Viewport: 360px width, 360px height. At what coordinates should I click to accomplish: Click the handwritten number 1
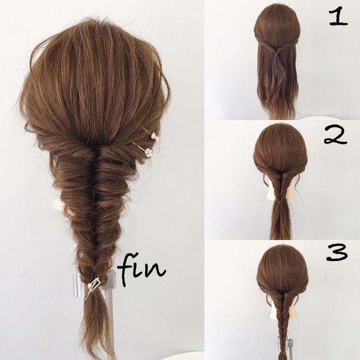coord(338,18)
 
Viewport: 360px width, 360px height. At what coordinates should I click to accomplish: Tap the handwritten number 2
coord(336,135)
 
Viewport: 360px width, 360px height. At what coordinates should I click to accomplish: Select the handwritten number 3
coord(337,252)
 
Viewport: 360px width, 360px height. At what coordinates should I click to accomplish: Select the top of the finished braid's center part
coord(94,147)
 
